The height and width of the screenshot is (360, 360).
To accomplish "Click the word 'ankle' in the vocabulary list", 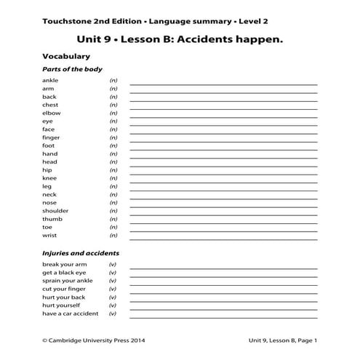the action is coord(50,80).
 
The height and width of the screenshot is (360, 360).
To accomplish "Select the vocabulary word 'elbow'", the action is coord(51,113).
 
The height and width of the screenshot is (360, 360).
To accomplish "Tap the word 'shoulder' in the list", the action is coord(55,211).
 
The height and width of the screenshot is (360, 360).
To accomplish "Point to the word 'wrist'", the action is coord(49,236).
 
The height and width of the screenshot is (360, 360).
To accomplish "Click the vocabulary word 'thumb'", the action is coord(52,219).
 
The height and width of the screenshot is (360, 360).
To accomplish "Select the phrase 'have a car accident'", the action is coord(71,313).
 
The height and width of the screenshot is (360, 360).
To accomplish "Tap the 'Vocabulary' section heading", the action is coord(66,55).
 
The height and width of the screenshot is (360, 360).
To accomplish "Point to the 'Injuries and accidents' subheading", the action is coord(80,253).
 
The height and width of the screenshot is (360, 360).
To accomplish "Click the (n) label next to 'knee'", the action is coord(113,178).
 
